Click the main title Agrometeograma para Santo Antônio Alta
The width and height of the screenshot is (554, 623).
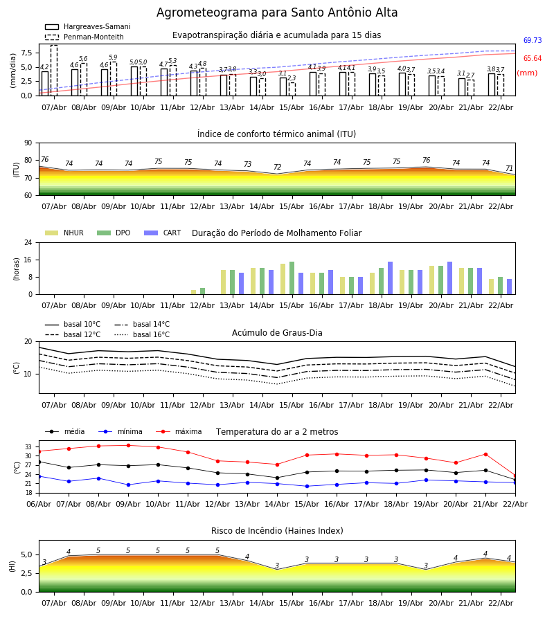click(x=277, y=12)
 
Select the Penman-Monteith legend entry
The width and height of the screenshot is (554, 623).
click(x=84, y=37)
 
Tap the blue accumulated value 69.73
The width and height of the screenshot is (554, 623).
click(x=533, y=40)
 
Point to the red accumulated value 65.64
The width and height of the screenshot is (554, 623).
click(x=533, y=58)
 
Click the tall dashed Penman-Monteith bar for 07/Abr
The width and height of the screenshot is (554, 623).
click(x=54, y=71)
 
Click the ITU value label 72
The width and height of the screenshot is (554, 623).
click(x=278, y=168)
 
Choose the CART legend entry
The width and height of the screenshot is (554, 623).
click(x=163, y=233)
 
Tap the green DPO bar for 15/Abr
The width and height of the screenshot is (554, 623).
click(x=292, y=278)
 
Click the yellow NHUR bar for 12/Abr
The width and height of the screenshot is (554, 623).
click(x=193, y=292)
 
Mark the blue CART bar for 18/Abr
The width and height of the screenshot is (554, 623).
click(x=391, y=278)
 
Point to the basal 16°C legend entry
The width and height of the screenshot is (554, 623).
click(x=142, y=334)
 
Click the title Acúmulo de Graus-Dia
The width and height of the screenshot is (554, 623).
click(x=277, y=333)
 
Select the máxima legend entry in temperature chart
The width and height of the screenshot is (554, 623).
click(x=179, y=431)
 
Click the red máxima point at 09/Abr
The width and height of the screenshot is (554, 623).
click(x=128, y=445)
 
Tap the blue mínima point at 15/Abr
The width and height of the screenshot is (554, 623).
click(x=307, y=487)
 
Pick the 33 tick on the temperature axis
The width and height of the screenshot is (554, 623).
click(x=28, y=447)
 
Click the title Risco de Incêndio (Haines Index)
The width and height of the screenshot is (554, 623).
click(x=277, y=531)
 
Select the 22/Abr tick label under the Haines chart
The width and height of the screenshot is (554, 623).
click(x=501, y=603)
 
